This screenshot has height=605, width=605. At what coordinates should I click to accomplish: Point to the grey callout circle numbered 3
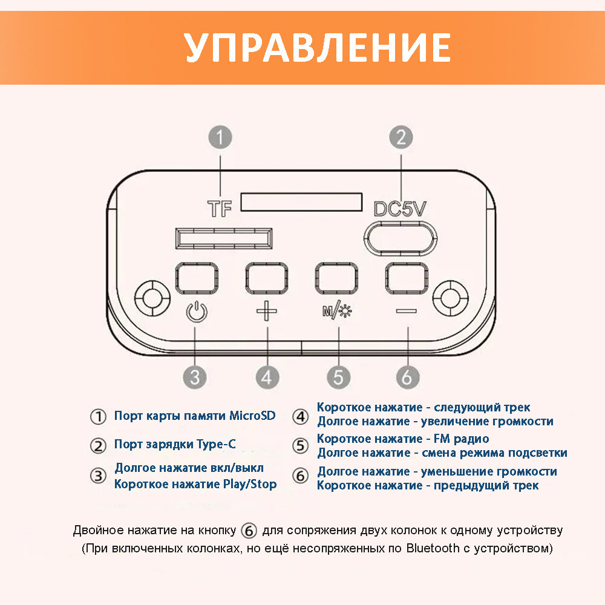[x=195, y=378]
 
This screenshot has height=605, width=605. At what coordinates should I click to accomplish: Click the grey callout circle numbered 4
[x=267, y=378]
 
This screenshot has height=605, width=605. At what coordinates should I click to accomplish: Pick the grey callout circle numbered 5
[x=338, y=378]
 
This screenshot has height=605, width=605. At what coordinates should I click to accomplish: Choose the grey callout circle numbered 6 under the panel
[x=407, y=378]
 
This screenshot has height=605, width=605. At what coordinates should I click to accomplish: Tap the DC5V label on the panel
[x=399, y=209]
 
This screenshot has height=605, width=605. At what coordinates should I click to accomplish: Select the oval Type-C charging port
[x=401, y=239]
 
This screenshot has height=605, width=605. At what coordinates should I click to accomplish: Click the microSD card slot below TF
[x=223, y=238]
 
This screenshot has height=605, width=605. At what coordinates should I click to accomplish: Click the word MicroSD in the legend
[x=252, y=416]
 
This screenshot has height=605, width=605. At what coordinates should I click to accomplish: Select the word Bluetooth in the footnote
[x=433, y=549]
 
